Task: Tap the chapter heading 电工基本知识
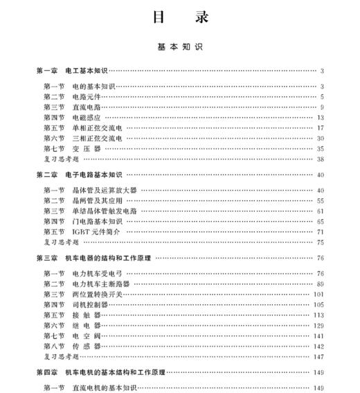pyautogui.click(x=87, y=71)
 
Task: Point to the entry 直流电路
pyautogui.click(x=87, y=107)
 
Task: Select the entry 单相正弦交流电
pyautogui.click(x=97, y=128)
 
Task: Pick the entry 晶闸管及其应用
pyautogui.click(x=97, y=200)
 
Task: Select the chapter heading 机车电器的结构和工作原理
pyautogui.click(x=109, y=258)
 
